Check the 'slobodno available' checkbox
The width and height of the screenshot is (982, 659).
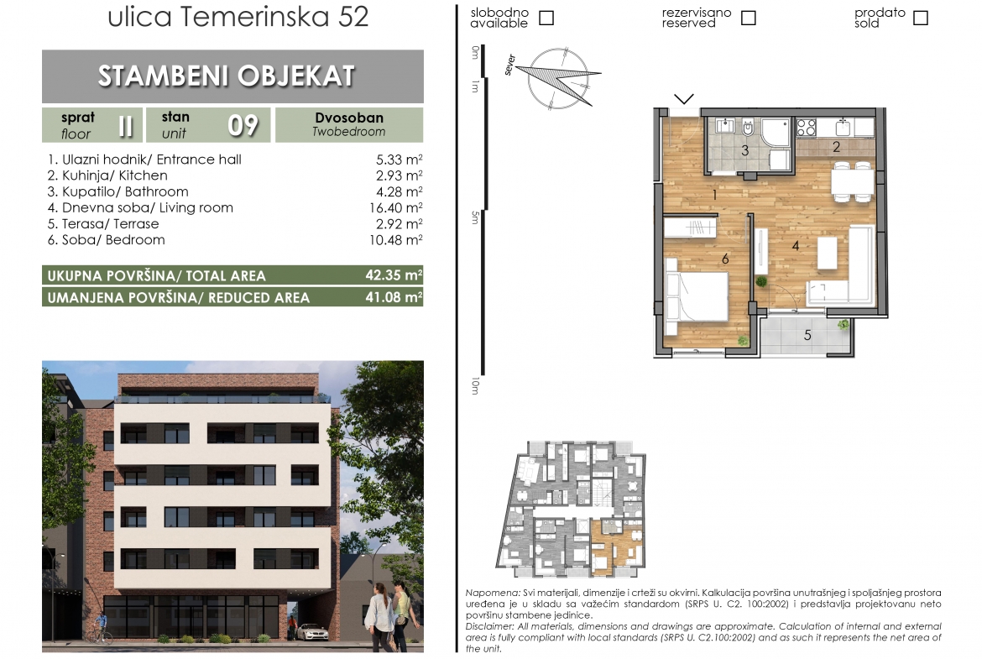546,18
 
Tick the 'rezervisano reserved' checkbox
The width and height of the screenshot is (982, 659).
749,18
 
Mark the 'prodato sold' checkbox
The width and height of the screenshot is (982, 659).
921,18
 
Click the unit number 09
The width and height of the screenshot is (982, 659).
243,125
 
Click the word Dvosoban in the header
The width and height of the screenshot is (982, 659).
349,118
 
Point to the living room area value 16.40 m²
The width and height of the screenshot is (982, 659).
396,207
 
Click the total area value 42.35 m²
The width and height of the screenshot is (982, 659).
394,275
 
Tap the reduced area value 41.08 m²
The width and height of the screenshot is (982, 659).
394,297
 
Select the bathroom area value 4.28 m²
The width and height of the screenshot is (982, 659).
399,191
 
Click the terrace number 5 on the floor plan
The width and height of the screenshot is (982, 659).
807,336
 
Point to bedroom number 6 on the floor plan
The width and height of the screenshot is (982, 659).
725,259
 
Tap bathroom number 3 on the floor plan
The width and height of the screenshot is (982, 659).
745,150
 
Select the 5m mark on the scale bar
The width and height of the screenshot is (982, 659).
475,217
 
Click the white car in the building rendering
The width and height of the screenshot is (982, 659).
311,632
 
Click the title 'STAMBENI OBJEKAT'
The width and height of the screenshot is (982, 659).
227,76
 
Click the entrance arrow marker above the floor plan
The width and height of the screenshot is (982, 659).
684,98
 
